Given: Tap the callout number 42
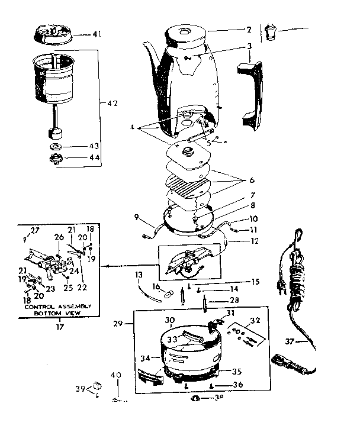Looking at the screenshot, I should point(111,103).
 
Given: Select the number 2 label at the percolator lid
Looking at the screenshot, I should point(249,29).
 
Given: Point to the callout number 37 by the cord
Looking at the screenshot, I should point(306,341).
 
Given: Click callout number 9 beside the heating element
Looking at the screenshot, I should point(136,217).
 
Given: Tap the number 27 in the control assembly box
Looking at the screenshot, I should point(33,230).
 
